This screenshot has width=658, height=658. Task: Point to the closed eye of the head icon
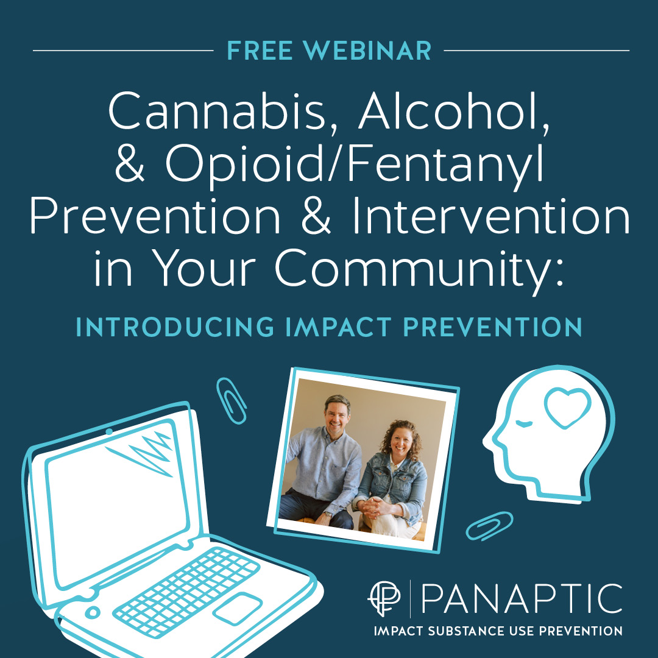pos(522,422)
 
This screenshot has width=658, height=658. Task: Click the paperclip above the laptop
pos(232,400)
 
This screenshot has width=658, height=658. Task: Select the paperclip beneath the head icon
pos(489,525)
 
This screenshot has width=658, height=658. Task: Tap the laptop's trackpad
pos(238,607)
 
